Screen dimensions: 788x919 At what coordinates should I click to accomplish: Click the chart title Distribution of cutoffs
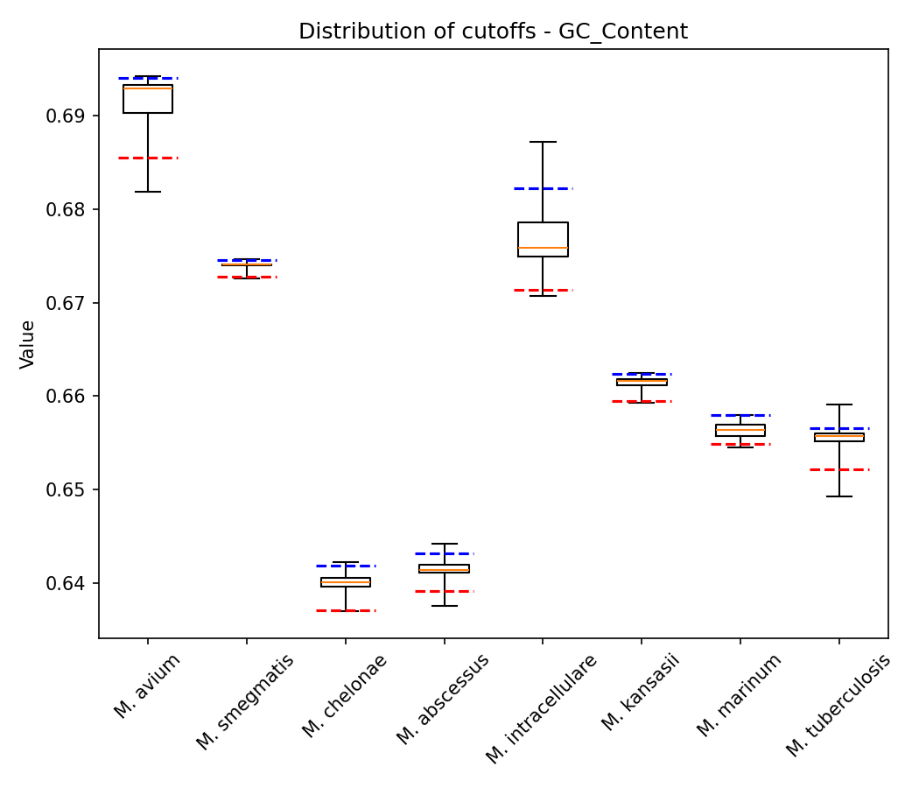pyautogui.click(x=493, y=32)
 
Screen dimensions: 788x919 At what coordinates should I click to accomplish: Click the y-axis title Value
pyautogui.click(x=28, y=344)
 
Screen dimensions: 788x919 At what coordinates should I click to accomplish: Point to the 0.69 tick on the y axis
pyautogui.click(x=72, y=116)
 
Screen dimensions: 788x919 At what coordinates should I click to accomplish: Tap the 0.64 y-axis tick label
pyautogui.click(x=72, y=583)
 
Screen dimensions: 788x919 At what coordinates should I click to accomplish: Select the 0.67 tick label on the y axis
pyautogui.click(x=72, y=303)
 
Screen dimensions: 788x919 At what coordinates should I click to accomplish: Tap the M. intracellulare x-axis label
pyautogui.click(x=542, y=708)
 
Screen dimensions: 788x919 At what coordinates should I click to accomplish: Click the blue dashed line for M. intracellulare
pyautogui.click(x=543, y=188)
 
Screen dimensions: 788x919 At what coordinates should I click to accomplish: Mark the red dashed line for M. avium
pyautogui.click(x=147, y=158)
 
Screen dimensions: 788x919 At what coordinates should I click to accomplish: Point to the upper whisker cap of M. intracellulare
pyautogui.click(x=543, y=142)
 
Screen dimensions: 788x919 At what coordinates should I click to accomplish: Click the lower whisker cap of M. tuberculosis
pyautogui.click(x=839, y=496)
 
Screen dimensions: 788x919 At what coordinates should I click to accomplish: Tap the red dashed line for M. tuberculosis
pyautogui.click(x=839, y=469)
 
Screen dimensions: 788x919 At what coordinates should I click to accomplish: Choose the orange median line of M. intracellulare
pyautogui.click(x=543, y=248)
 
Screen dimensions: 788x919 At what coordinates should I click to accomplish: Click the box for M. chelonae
pyautogui.click(x=345, y=582)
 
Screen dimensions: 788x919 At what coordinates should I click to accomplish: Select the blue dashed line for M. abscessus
pyautogui.click(x=444, y=553)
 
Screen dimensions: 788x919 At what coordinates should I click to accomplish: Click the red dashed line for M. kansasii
pyautogui.click(x=642, y=401)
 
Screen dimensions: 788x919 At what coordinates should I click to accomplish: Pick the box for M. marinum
pyautogui.click(x=740, y=430)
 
